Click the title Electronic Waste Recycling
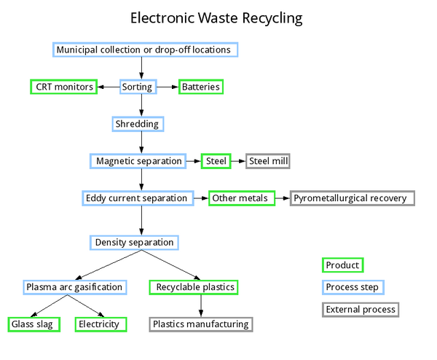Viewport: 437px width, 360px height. [x=216, y=17]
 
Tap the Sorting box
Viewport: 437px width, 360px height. [x=137, y=87]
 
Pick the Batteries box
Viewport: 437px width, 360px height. [x=200, y=87]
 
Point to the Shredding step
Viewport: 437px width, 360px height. [x=136, y=124]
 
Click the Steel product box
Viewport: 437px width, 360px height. [x=216, y=161]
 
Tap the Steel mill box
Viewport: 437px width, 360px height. [x=272, y=161]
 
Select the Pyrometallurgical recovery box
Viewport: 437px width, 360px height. [x=353, y=198]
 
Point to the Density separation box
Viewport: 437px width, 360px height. [x=135, y=242]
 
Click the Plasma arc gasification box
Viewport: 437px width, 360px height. [x=74, y=287]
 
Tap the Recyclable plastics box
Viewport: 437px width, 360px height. [x=194, y=287]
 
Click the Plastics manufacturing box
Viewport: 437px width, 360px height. [x=201, y=324]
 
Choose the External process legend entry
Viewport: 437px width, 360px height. [x=361, y=310]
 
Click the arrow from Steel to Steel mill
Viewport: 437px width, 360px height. [x=238, y=161]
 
